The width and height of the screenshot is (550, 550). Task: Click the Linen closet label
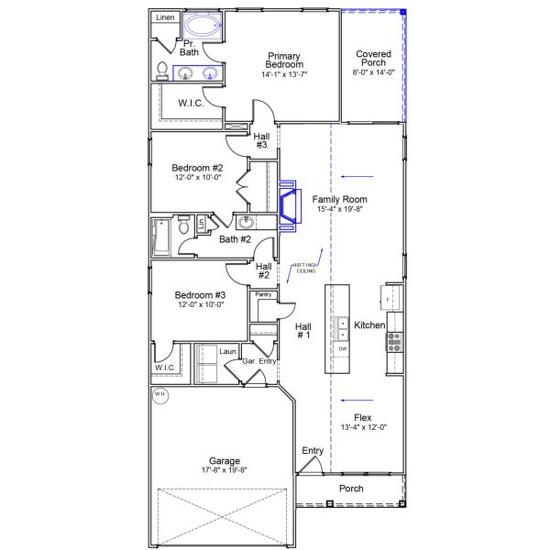165,17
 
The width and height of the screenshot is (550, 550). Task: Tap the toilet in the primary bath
163,71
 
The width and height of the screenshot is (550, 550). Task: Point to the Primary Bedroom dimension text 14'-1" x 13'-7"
284,75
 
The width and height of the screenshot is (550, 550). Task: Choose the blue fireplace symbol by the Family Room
289,205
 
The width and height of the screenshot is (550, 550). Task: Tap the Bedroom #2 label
197,168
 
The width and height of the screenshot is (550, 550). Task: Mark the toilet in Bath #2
184,225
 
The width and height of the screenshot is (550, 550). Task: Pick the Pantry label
263,294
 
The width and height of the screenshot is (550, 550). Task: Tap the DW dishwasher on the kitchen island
343,349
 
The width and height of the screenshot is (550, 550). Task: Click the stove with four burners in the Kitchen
396,342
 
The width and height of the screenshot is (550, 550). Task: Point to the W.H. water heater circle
160,395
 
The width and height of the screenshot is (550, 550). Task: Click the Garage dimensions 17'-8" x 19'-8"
224,469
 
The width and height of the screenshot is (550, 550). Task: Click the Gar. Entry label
259,361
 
